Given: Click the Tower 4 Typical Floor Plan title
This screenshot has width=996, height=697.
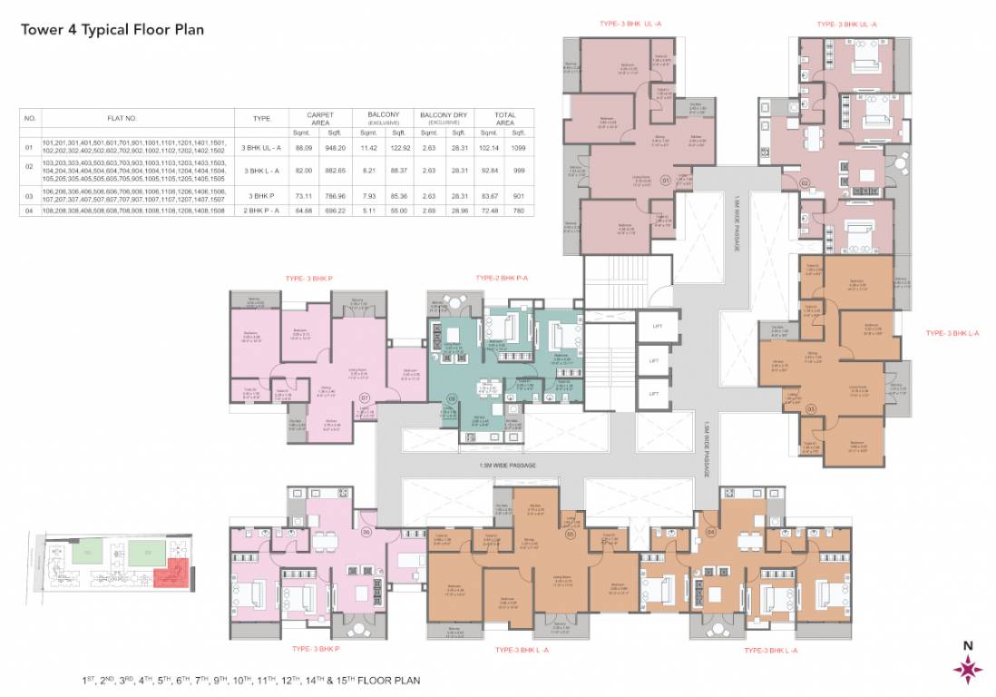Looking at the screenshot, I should pyautogui.click(x=112, y=29).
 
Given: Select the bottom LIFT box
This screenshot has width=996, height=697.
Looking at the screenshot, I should pyautogui.click(x=653, y=393).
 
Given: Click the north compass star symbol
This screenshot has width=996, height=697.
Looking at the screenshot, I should pyautogui.click(x=967, y=670).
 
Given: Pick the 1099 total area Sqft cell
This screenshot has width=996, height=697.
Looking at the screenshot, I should pyautogui.click(x=518, y=146).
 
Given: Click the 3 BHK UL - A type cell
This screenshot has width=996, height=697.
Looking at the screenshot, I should pyautogui.click(x=260, y=146).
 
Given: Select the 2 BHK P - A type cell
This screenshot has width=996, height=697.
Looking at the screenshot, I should pyautogui.click(x=260, y=210).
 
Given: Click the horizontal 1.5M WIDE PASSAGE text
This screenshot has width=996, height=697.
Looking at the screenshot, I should pyautogui.click(x=508, y=466).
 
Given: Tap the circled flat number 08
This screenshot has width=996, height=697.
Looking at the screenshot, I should pyautogui.click(x=451, y=398).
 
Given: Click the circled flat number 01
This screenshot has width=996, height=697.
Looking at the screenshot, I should pyautogui.click(x=665, y=181).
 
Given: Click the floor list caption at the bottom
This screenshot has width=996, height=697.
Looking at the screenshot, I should pyautogui.click(x=250, y=679).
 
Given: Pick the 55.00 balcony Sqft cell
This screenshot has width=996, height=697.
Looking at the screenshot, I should pyautogui.click(x=398, y=210).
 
